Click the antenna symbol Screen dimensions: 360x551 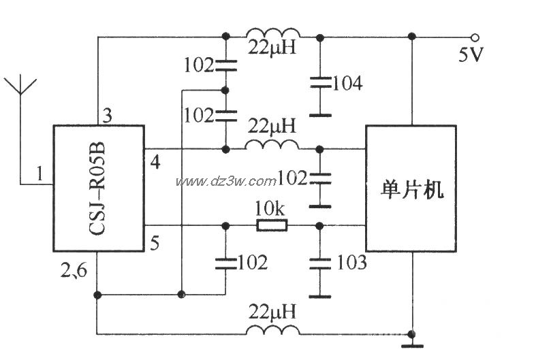pos(20,88)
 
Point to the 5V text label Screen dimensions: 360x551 pos(471,55)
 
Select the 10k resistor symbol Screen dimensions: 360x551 pos(272,226)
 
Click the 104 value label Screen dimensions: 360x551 pos(348,84)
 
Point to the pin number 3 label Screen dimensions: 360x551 pos(108,115)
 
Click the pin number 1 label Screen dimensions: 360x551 pos(40,175)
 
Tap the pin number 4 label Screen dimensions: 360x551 pos(155,163)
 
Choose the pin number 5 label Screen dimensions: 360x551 pos(155,242)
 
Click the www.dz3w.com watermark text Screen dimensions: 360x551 pos(225,181)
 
